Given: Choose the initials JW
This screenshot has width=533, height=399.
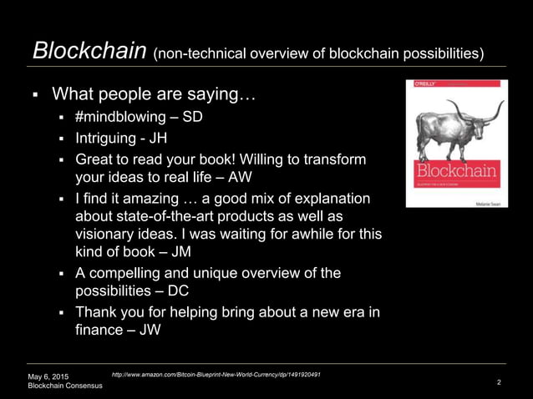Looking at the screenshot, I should (x=150, y=331).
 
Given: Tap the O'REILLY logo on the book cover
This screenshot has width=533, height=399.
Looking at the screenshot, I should (x=423, y=85).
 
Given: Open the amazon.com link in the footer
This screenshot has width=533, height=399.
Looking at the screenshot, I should (x=216, y=375).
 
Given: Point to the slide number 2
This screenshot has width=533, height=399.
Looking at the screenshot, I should (x=499, y=382).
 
